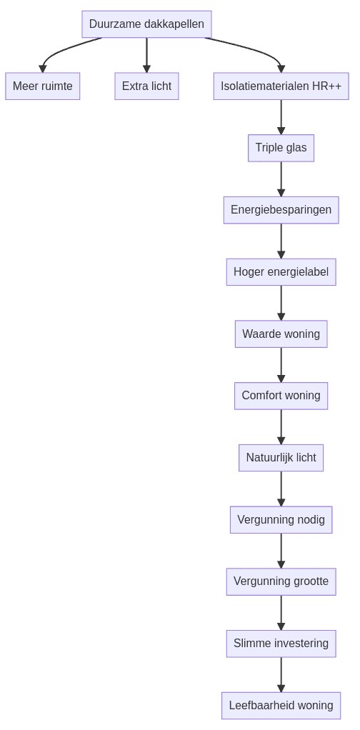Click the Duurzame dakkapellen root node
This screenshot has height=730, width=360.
pos(146,24)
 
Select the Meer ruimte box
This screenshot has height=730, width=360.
pos(43,86)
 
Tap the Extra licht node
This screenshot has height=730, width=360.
pos(146,86)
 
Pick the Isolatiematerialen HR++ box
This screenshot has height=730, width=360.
pos(281,86)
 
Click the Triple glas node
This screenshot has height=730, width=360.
pos(281,148)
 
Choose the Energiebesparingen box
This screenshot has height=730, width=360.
pos(281,210)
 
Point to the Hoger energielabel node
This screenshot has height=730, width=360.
pos(281,272)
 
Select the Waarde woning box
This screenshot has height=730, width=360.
pos(281,334)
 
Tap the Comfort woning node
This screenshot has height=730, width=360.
pos(281,396)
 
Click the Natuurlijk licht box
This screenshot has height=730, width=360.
pos(281,458)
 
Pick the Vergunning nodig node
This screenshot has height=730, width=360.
pos(281,520)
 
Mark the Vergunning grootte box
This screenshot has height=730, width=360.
pos(281,581)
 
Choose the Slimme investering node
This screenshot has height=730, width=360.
pos(281,644)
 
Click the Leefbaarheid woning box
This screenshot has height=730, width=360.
pos(281,706)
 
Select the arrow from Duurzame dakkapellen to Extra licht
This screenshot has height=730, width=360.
pos(146,55)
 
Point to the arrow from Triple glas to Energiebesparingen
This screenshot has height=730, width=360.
pos(281,179)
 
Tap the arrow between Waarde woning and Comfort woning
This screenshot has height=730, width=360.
pos(281,364)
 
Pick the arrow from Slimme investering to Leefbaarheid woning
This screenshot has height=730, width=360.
pos(281,674)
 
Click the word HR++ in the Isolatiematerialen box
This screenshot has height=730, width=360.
pos(326,86)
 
